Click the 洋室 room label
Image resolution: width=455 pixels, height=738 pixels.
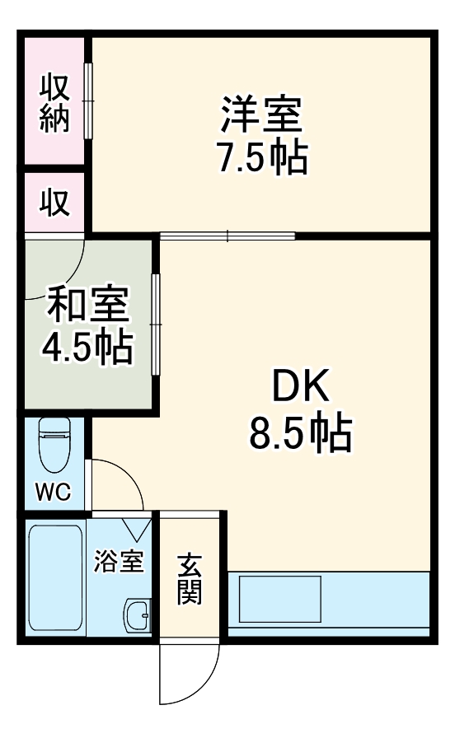pyautogui.click(x=261, y=115)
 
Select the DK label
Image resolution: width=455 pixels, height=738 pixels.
pyautogui.click(x=301, y=386)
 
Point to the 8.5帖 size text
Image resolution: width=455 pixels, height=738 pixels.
pyautogui.click(x=301, y=433)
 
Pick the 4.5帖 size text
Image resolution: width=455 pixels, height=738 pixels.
pyautogui.click(x=87, y=348)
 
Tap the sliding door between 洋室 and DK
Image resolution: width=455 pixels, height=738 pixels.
pyautogui.click(x=227, y=236)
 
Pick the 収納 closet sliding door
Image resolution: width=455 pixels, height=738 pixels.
pyautogui.click(x=88, y=100)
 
